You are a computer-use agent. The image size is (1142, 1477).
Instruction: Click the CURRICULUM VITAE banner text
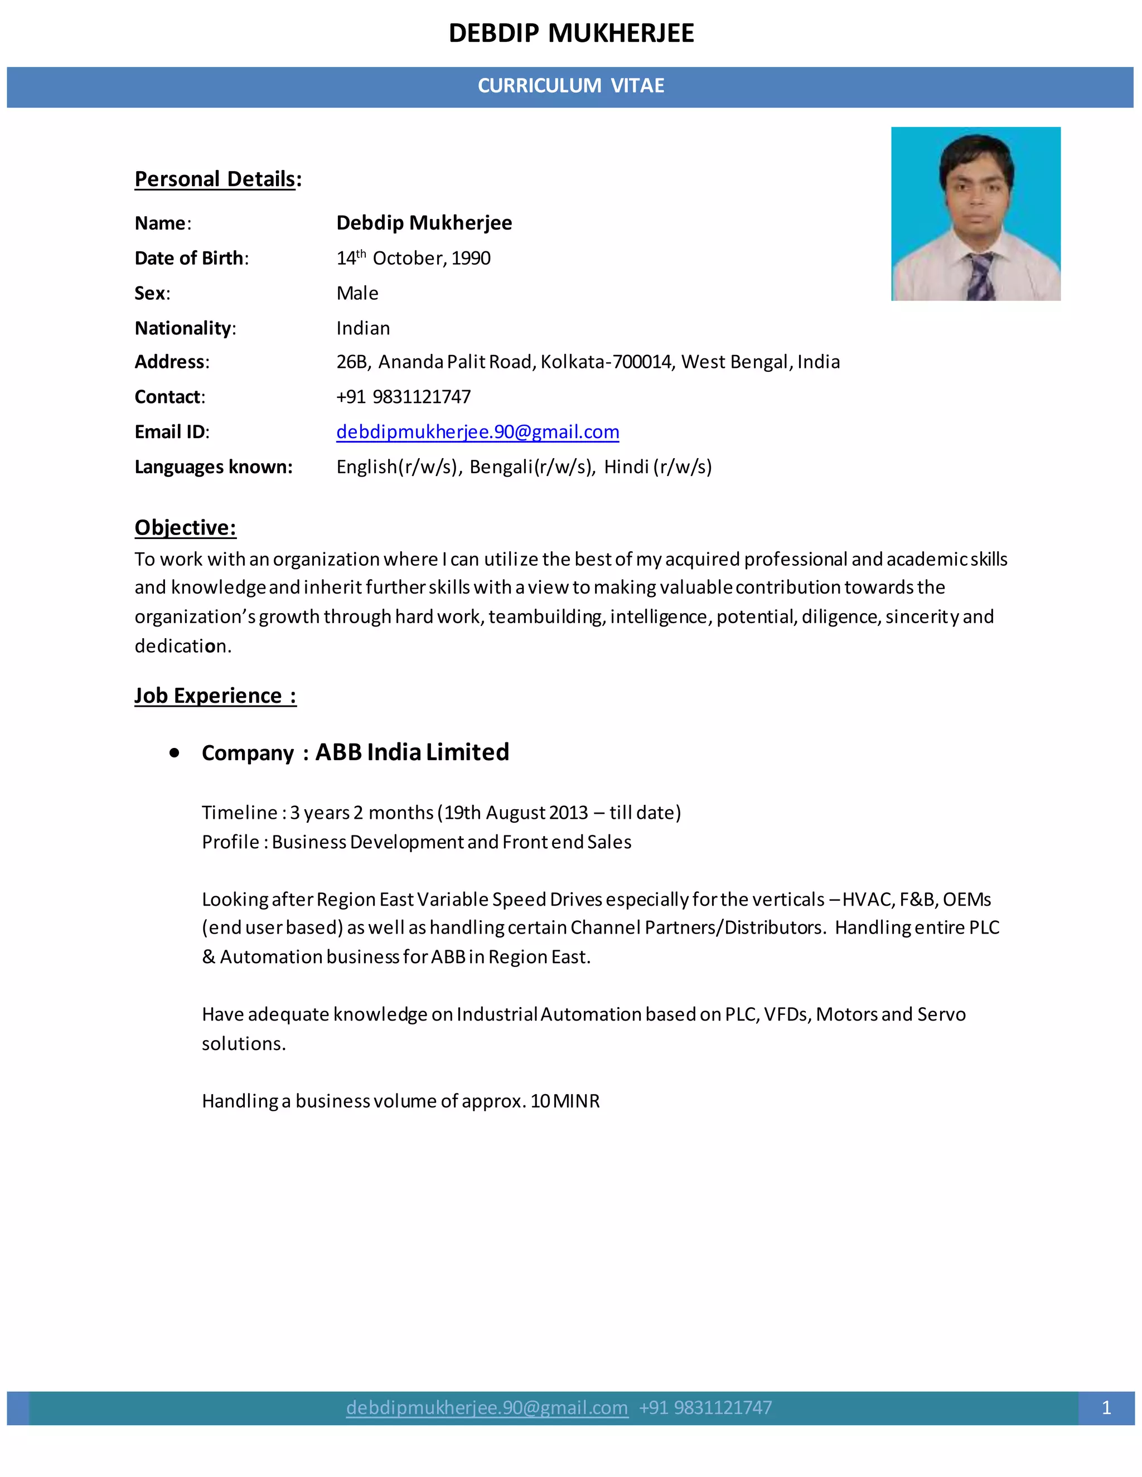(570, 86)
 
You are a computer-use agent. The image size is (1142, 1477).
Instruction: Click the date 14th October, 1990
(413, 259)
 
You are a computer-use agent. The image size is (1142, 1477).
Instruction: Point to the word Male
(357, 294)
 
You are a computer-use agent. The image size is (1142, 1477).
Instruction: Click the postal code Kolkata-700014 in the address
(606, 362)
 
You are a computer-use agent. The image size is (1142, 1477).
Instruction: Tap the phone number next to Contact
(403, 397)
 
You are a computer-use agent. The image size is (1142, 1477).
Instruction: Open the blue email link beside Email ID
(478, 432)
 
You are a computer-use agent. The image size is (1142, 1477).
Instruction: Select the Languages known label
(213, 467)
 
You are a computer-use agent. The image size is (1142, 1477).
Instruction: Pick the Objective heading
(185, 527)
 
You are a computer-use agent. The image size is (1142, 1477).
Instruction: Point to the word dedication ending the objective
(182, 647)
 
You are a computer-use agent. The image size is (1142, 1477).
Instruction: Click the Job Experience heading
(215, 696)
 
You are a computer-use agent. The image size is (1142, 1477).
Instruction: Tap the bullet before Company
(175, 752)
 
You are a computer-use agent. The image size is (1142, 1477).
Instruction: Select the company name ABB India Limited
(412, 752)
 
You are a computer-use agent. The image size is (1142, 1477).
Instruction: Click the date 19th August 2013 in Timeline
(516, 813)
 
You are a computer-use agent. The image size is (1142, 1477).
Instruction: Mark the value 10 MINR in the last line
(565, 1102)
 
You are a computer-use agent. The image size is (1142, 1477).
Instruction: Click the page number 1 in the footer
(1106, 1408)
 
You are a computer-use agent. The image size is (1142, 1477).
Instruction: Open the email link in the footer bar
(487, 1408)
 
